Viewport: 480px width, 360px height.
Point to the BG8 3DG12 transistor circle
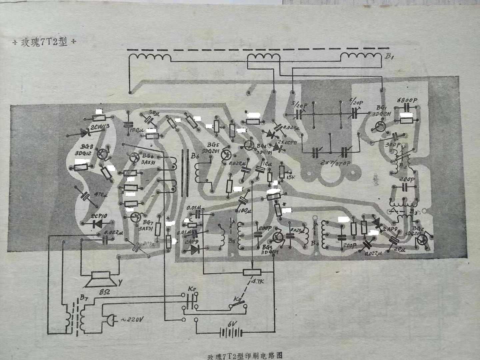pyautogui.click(x=102, y=153)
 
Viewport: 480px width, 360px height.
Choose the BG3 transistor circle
pyautogui.click(x=277, y=236)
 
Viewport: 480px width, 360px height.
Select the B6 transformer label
pyautogui.click(x=193, y=155)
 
